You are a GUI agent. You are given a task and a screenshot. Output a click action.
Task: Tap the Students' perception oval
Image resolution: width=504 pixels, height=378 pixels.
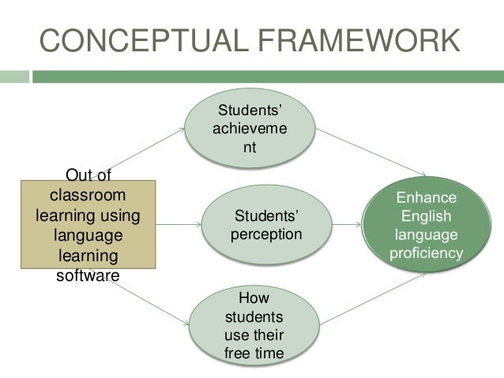click(265, 225)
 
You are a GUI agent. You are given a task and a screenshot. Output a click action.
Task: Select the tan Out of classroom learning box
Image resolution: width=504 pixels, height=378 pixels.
click(88, 225)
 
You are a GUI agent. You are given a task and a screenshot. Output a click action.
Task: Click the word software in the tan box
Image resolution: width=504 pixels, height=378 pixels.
click(86, 275)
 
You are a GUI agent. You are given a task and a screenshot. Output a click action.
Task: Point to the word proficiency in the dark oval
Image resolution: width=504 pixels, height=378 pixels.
click(427, 253)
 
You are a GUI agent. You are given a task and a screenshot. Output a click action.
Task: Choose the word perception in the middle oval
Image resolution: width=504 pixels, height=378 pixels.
click(266, 234)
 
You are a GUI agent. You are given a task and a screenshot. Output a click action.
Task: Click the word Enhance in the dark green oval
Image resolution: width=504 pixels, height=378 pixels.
click(427, 196)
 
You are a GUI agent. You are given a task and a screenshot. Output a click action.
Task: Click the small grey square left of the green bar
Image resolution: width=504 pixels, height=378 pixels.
click(13, 77)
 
